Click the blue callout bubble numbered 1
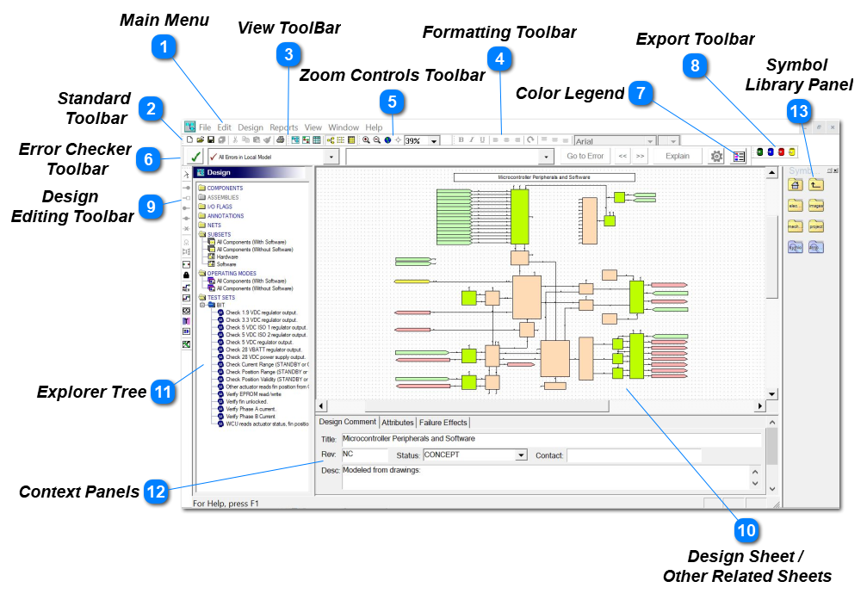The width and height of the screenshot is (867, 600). coord(164,46)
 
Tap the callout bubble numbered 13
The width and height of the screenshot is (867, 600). coord(799,113)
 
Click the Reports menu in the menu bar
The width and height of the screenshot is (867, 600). coord(283,127)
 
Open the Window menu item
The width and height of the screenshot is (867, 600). coord(344,127)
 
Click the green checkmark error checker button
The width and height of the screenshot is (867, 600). coord(195,157)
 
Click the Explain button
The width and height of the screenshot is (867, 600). coord(678,157)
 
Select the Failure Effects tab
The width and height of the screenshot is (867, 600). coord(444,423)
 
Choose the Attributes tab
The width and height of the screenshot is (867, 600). coord(398,423)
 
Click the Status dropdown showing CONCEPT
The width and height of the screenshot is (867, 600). coord(474,455)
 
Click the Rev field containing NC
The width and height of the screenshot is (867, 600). coord(364,455)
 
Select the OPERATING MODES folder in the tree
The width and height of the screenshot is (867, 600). coord(233,274)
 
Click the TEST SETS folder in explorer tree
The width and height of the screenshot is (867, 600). coord(221,297)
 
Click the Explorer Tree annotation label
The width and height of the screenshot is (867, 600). coord(91,393)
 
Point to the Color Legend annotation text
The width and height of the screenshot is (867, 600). coord(569,93)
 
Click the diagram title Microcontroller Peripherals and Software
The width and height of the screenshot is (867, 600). coord(544,176)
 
